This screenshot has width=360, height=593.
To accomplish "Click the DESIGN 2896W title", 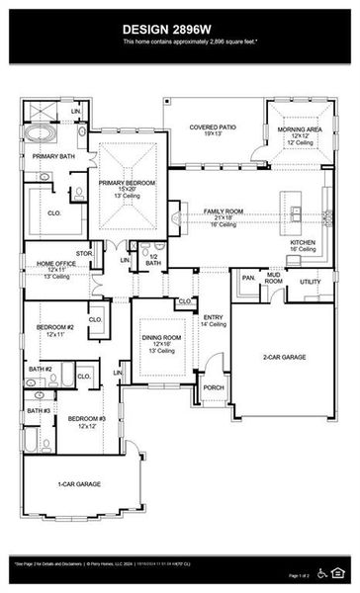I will (180, 29).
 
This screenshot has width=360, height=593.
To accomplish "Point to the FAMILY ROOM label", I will (224, 212).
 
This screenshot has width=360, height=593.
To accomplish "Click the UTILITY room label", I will (311, 282).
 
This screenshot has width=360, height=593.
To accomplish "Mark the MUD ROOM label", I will (274, 280).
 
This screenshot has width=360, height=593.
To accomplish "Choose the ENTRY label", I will (213, 317).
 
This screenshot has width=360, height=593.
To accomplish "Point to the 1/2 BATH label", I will (153, 260).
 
